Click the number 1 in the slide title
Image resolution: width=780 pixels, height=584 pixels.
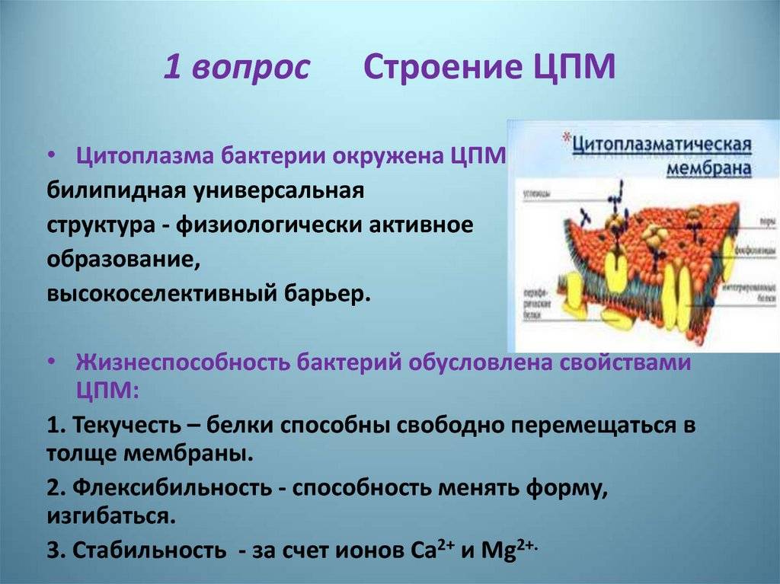tap(173, 68)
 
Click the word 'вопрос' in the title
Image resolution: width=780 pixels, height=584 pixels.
tap(252, 69)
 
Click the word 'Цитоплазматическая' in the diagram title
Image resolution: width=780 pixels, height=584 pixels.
tap(662, 144)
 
